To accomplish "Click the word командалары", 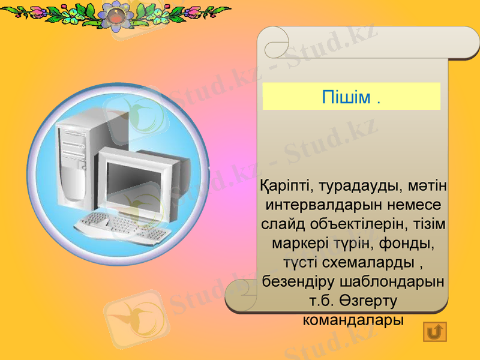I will pyautogui.click(x=353, y=319).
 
